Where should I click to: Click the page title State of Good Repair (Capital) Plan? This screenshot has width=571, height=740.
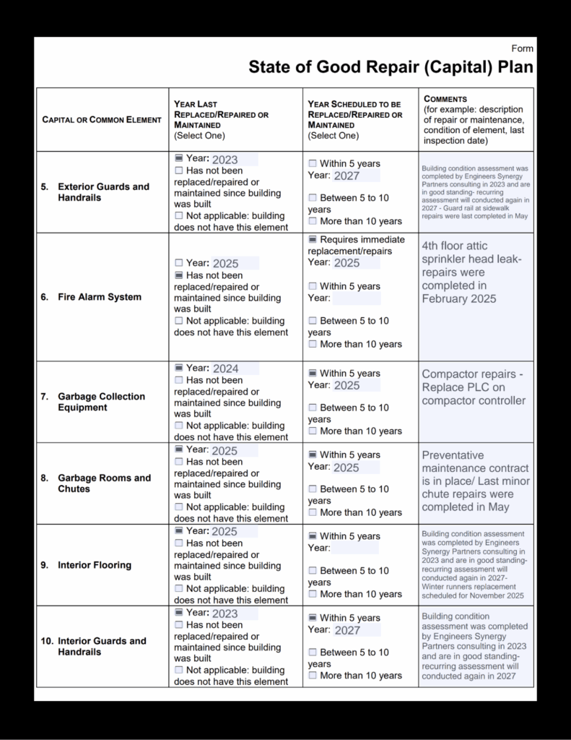tap(391, 67)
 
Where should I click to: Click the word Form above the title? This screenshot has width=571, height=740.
tap(523, 48)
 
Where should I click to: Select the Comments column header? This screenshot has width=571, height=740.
tap(445, 98)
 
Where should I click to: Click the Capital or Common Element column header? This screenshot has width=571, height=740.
tap(102, 119)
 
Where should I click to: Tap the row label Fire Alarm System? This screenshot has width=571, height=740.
tap(100, 297)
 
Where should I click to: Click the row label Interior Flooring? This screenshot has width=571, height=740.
tap(95, 565)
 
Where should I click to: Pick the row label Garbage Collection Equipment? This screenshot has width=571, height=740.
tap(101, 402)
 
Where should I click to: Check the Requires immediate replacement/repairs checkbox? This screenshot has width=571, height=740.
tap(313, 240)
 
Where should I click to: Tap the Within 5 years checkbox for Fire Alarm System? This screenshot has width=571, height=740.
tap(313, 286)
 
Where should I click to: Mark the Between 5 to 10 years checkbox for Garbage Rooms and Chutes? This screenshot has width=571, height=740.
tap(313, 489)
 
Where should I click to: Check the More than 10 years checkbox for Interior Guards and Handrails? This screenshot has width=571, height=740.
tap(313, 676)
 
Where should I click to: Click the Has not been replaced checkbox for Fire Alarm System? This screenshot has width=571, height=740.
tap(179, 275)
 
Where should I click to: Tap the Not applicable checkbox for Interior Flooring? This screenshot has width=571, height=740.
tap(179, 589)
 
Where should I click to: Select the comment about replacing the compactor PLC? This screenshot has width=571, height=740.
tap(474, 387)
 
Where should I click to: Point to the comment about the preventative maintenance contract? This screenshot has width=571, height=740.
tap(476, 481)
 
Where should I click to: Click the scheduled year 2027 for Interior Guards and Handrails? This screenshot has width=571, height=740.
tap(347, 630)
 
